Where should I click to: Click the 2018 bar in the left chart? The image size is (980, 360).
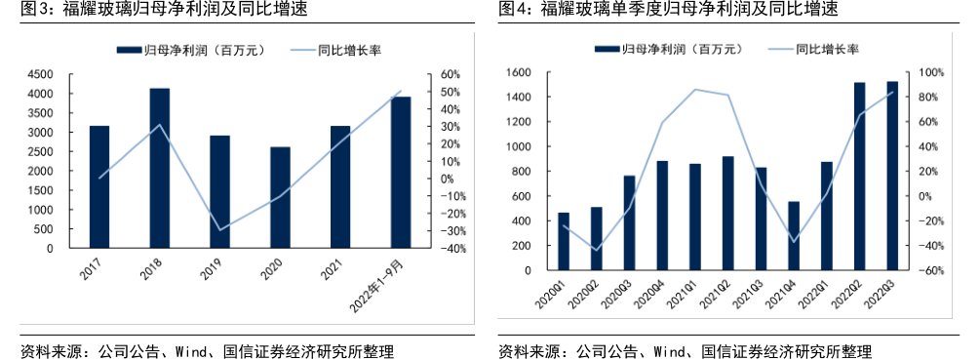[x=159, y=168]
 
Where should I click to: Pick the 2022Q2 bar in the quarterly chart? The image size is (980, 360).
[x=859, y=176]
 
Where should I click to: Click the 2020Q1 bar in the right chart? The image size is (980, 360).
[x=564, y=241]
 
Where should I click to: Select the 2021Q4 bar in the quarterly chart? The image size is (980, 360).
[x=793, y=235]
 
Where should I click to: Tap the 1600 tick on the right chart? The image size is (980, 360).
[x=516, y=72]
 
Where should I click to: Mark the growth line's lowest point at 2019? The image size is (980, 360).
[x=219, y=230]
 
